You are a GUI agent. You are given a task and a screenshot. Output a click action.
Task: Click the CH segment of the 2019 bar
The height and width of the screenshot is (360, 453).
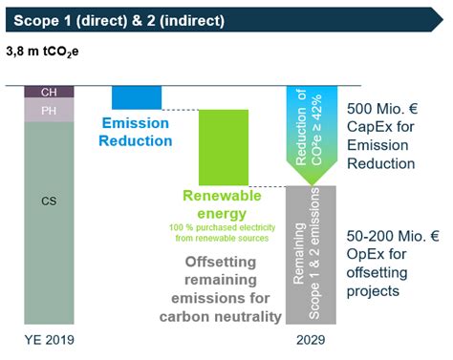48,92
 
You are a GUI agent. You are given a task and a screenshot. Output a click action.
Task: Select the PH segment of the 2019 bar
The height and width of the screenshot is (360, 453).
48,111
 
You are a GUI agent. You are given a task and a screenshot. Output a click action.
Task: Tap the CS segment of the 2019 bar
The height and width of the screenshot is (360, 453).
48,202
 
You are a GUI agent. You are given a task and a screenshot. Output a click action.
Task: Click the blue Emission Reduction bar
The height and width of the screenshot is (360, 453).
137,96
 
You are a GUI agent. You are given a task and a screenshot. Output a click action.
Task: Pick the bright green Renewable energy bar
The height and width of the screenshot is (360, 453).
223,146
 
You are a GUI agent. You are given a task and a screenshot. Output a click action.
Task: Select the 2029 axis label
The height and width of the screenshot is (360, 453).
311,339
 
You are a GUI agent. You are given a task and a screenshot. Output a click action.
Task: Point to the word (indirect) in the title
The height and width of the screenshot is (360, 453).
212,17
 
